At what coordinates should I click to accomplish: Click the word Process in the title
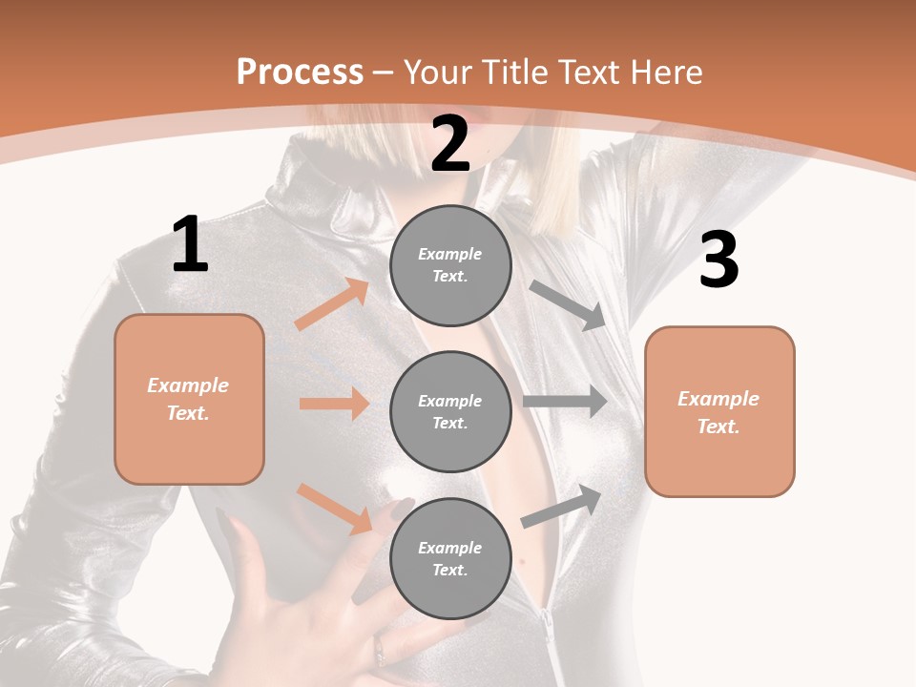[300, 73]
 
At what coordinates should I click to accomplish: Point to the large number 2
[450, 145]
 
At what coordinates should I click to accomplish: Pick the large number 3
[718, 260]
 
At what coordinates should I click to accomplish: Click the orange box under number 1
[189, 399]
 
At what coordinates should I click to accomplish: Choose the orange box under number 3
[719, 412]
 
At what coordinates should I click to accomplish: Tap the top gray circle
[450, 265]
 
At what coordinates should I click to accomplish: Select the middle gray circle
[450, 411]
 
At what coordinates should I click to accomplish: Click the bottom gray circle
[450, 558]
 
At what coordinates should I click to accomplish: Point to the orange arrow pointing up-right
[332, 304]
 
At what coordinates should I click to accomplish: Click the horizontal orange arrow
[334, 404]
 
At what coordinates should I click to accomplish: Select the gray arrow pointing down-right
[568, 305]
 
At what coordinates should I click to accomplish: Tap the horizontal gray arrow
[565, 401]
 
